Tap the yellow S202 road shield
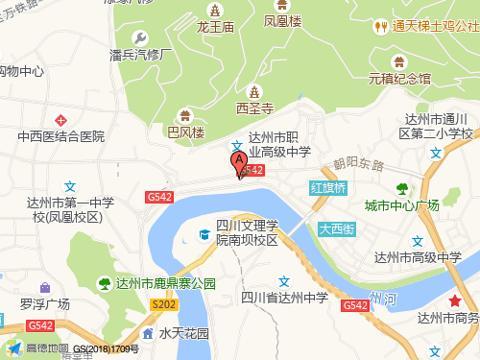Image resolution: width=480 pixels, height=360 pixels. pyautogui.click(x=163, y=304)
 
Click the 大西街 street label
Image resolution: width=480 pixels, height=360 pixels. pyautogui.click(x=337, y=228)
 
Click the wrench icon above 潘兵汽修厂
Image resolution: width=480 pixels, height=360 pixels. pyautogui.click(x=141, y=38)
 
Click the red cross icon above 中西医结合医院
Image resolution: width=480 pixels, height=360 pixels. pyautogui.click(x=60, y=120)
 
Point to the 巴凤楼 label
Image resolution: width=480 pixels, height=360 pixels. pyautogui.click(x=186, y=132)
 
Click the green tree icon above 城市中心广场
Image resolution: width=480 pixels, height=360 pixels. pyautogui.click(x=401, y=188)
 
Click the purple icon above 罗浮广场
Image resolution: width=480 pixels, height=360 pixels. pyautogui.click(x=45, y=287)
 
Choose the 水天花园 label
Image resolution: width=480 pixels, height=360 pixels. pyautogui.click(x=183, y=334)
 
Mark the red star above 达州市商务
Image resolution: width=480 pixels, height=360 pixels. pyautogui.click(x=454, y=302)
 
